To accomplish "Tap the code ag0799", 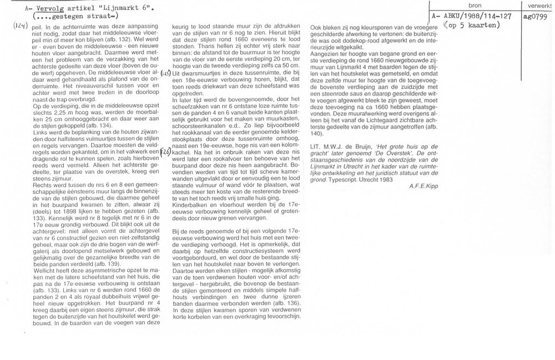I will [535, 17].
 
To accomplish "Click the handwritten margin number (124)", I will [22, 27].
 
